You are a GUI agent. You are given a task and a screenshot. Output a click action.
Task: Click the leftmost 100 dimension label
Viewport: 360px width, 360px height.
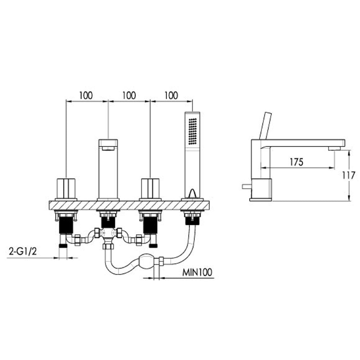tap(86, 95)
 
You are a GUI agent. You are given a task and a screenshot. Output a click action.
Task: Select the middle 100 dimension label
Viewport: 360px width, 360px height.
tap(129, 95)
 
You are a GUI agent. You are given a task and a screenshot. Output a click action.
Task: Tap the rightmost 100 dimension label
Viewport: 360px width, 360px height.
tap(171, 95)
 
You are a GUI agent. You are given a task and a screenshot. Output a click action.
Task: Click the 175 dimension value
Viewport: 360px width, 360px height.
tap(296, 162)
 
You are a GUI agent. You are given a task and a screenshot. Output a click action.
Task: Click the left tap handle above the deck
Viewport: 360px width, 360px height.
tap(66, 188)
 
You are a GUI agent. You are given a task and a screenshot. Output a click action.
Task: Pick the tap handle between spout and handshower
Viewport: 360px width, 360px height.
tap(150, 188)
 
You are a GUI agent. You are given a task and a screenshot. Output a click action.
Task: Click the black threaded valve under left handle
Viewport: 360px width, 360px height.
tap(66, 225)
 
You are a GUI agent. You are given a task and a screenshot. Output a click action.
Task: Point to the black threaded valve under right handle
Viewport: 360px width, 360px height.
tap(150, 225)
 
